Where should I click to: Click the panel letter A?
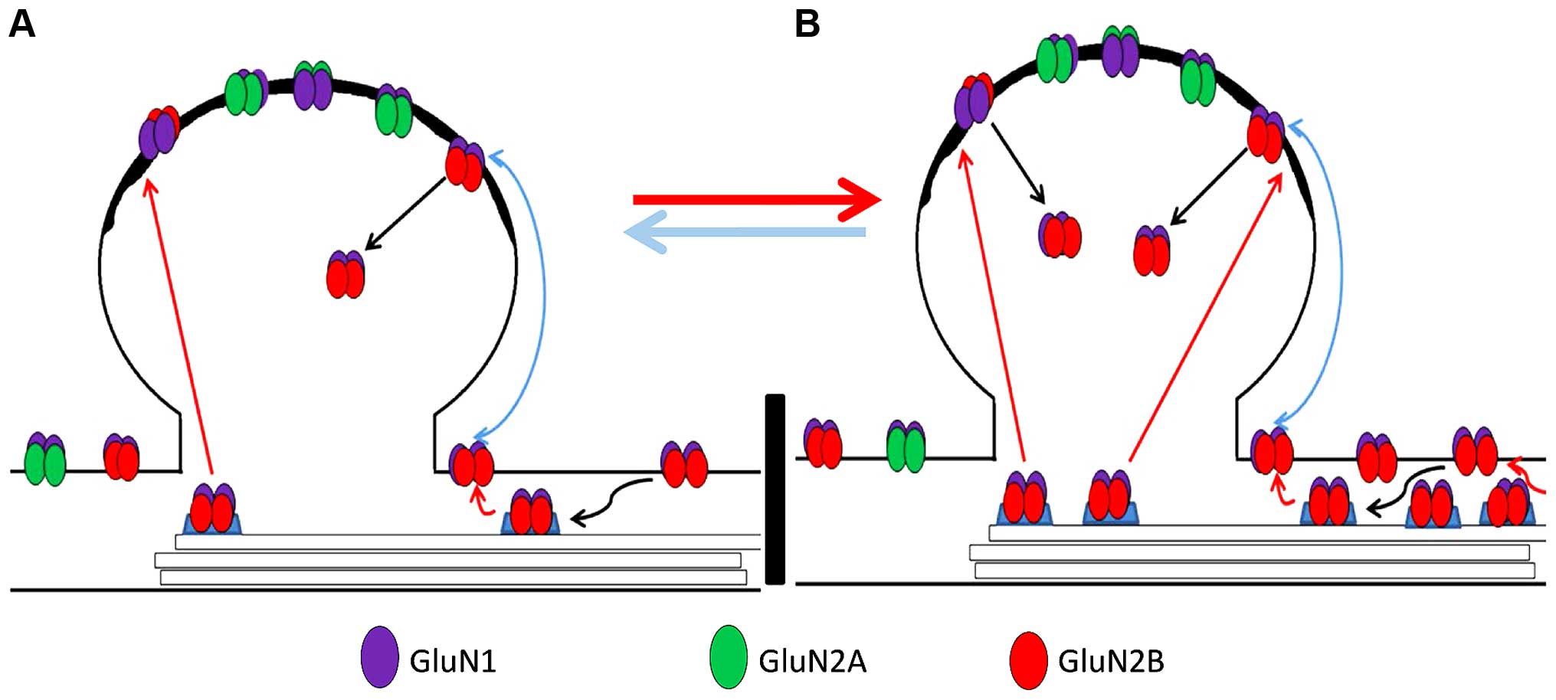click(x=21, y=25)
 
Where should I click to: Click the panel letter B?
click(x=807, y=25)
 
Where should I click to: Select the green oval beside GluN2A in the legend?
click(x=728, y=657)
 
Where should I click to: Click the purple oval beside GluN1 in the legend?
click(x=380, y=657)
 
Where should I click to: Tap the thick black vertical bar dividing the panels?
click(x=775, y=489)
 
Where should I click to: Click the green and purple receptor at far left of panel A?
click(x=45, y=460)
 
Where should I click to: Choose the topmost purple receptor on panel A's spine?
click(x=313, y=86)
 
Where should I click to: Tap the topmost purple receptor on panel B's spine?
click(x=1120, y=52)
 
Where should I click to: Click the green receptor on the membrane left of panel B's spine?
click(x=906, y=446)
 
